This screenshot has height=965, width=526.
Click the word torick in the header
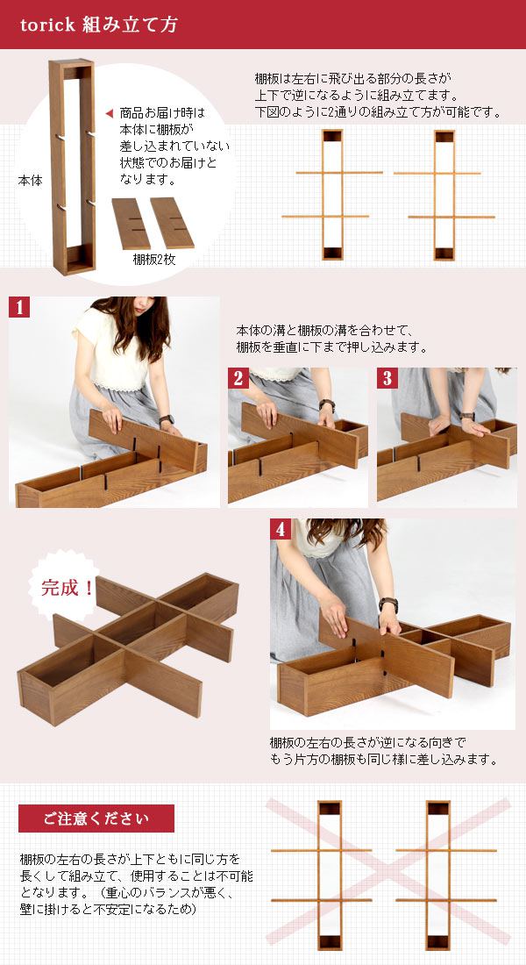click(47, 25)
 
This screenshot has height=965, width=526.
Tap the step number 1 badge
click(19, 307)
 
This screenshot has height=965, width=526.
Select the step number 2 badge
click(238, 378)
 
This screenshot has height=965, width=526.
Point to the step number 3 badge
click(387, 378)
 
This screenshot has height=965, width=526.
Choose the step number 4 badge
click(281, 529)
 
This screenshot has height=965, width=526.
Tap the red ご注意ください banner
click(96, 818)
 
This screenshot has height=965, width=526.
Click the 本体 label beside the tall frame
click(30, 181)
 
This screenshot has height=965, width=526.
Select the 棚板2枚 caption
click(153, 260)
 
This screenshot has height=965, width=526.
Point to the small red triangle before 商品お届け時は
click(110, 113)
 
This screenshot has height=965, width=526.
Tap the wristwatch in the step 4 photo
click(388, 604)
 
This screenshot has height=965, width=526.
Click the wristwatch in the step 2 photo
click(327, 405)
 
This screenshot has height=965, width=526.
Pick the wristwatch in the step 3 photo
click(469, 416)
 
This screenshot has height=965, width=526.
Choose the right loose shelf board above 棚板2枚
click(172, 223)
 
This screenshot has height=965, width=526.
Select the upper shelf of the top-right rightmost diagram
click(437, 173)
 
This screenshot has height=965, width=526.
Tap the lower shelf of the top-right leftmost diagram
click(325, 217)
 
